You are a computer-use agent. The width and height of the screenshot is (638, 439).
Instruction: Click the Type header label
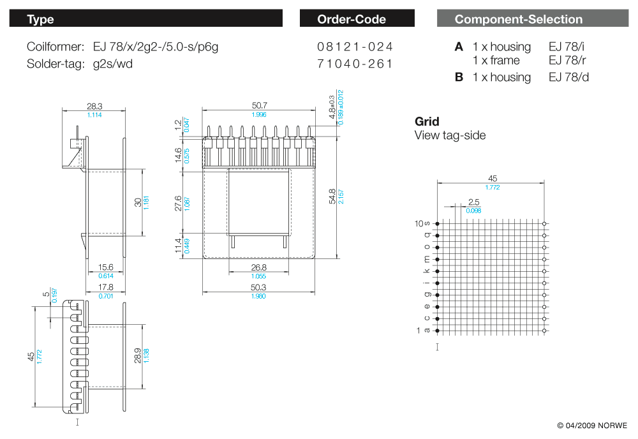40,19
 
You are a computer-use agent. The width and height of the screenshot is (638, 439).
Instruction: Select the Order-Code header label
352,19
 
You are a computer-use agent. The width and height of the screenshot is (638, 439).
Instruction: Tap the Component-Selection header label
518,19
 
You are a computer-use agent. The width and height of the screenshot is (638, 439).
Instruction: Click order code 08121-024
355,47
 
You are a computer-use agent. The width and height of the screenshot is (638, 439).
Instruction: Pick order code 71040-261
355,64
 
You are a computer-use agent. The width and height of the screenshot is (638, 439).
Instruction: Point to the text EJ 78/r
567,60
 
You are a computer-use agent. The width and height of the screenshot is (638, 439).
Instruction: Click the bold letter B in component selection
459,77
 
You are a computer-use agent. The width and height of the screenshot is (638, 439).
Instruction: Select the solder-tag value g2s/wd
113,64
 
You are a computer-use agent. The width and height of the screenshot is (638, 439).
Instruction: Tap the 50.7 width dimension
259,105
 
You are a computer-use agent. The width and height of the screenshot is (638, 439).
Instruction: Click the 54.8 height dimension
332,197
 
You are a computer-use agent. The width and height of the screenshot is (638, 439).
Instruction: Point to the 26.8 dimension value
259,267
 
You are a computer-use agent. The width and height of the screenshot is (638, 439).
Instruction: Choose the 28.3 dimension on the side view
94,106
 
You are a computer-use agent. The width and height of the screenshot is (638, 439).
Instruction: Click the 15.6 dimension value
106,267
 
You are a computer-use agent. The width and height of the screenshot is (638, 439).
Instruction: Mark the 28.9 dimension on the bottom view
138,355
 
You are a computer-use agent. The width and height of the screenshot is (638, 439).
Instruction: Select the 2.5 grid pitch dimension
473,202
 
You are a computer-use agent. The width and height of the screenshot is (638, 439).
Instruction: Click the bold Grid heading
427,121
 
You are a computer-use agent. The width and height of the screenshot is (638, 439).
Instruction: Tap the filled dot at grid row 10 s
438,224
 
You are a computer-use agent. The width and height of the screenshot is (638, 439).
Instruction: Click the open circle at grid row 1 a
544,331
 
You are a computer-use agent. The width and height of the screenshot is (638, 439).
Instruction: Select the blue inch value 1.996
259,115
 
